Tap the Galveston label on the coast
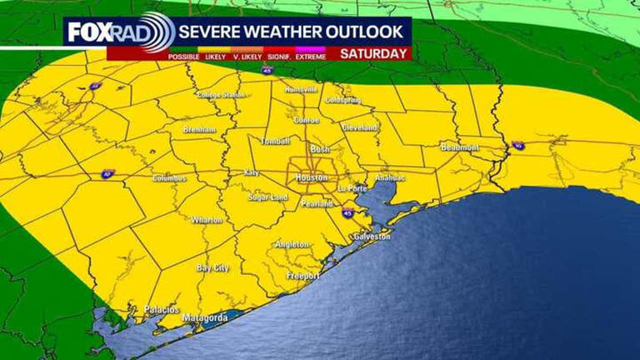click(x=372, y=237)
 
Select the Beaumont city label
click(x=459, y=147)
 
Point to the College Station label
click(x=221, y=95)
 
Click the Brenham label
click(x=200, y=130)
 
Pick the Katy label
click(x=251, y=172)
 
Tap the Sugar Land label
click(x=267, y=197)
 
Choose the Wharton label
click(x=206, y=220)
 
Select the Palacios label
click(x=162, y=309)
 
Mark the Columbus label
click(x=169, y=178)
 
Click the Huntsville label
click(x=301, y=89)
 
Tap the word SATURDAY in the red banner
click(x=374, y=53)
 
